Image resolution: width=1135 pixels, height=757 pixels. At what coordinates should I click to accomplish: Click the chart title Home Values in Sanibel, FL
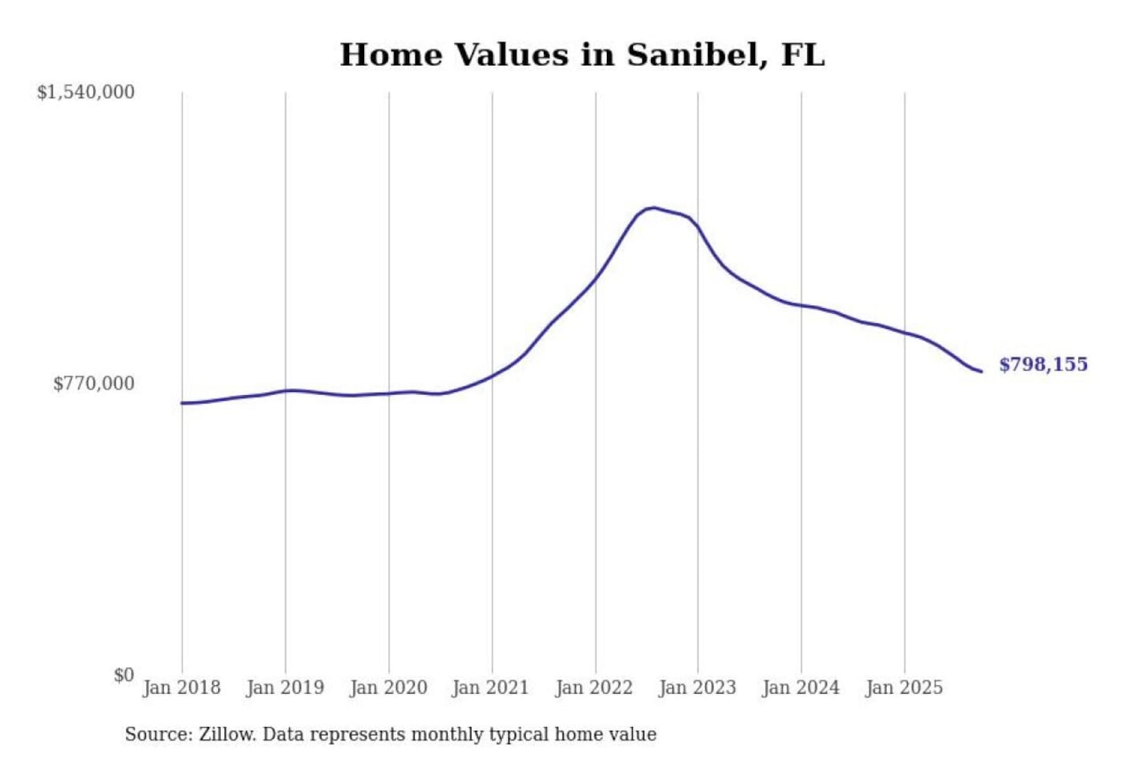(582, 55)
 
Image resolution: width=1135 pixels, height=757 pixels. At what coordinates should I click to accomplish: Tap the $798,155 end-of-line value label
(1043, 364)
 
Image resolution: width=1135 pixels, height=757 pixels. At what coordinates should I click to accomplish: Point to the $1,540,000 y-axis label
(86, 92)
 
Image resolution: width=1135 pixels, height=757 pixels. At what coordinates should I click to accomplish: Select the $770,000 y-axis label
(94, 383)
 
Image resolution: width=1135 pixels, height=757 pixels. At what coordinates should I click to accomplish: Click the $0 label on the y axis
(124, 675)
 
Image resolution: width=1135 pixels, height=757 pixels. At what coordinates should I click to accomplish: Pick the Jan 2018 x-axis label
(182, 688)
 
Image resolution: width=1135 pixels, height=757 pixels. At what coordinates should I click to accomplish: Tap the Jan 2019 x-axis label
(285, 688)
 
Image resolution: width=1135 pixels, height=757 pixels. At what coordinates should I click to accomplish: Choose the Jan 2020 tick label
(389, 688)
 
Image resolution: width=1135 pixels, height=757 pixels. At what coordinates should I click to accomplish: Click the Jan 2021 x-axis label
(491, 688)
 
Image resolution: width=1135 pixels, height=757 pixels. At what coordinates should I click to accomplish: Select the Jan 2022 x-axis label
(594, 688)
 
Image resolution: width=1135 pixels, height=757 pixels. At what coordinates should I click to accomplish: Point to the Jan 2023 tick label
(698, 688)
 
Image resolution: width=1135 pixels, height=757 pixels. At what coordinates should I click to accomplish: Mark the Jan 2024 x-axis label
(801, 688)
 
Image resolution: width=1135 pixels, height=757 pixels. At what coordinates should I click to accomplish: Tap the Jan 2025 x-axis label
(904, 688)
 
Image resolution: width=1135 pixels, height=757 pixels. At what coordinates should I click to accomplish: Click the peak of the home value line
(653, 208)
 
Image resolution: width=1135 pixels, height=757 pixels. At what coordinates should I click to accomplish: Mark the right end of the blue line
(981, 371)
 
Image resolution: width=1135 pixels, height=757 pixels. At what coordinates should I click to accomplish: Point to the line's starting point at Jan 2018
(182, 403)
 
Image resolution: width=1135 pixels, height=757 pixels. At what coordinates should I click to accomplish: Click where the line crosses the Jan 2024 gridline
(802, 305)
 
